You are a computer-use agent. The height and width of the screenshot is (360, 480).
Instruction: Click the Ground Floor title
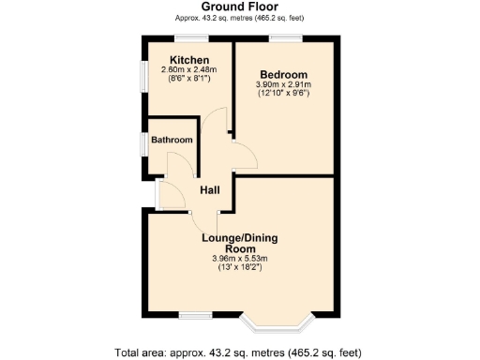(240, 7)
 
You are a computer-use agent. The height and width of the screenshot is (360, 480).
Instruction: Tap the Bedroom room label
(283, 74)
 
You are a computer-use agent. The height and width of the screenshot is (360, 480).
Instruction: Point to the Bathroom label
(173, 141)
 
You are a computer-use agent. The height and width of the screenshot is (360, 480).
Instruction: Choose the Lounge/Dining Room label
(240, 243)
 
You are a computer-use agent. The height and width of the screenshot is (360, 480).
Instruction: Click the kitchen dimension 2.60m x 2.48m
(188, 69)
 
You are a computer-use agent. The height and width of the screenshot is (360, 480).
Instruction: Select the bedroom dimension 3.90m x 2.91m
(283, 84)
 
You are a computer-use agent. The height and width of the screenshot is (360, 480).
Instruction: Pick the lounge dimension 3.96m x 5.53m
(240, 259)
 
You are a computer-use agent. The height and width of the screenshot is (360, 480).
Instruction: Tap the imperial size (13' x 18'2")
(240, 268)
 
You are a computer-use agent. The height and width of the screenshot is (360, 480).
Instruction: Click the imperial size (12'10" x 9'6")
(283, 94)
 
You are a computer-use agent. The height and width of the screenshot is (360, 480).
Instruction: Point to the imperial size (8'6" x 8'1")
(188, 79)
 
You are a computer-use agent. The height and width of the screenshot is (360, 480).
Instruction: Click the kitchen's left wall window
(143, 78)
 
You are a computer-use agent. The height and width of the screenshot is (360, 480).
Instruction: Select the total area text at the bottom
(238, 352)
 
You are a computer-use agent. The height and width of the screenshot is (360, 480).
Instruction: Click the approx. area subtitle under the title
(240, 18)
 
